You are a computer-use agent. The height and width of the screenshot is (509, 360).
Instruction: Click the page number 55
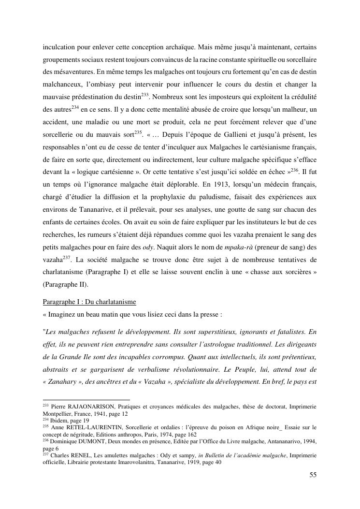pyautogui.click(x=313, y=475)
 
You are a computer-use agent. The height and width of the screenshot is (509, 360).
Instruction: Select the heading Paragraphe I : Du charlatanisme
pyautogui.click(x=89, y=302)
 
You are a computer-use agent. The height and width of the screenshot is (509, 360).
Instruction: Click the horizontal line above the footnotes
pyautogui.click(x=86, y=400)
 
